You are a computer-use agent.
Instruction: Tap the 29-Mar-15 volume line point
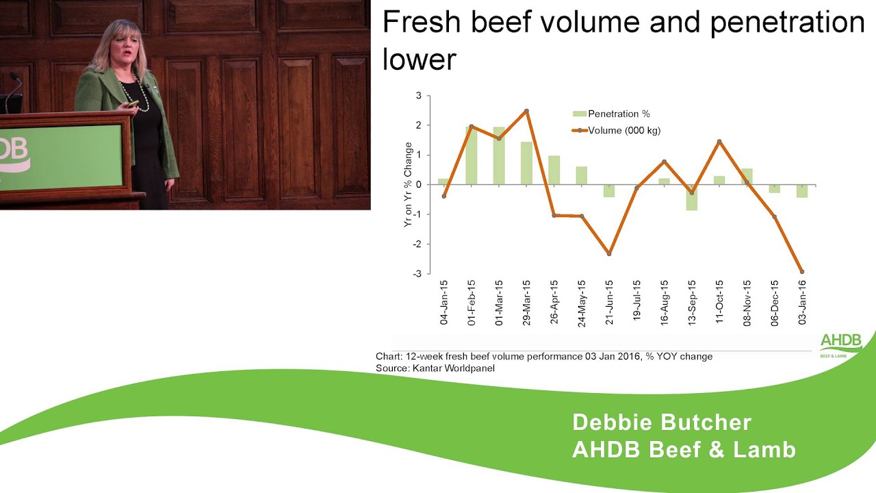(526, 111)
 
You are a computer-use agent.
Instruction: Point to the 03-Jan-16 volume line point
(802, 272)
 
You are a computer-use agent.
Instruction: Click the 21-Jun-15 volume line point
(609, 254)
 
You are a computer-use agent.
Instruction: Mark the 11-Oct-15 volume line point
(719, 142)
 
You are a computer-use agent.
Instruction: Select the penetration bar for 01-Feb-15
(472, 155)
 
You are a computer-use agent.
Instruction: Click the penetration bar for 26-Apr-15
(554, 170)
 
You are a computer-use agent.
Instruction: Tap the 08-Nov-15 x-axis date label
(747, 302)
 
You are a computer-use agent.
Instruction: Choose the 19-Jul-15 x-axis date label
(637, 302)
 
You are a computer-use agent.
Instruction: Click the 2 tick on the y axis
(418, 125)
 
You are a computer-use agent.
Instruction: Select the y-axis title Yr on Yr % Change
(409, 185)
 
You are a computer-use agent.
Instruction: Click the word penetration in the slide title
(787, 23)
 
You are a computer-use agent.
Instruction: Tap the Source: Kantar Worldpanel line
(435, 368)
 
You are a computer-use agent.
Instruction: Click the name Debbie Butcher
(661, 422)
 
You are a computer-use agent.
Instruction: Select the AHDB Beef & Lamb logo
(841, 344)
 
